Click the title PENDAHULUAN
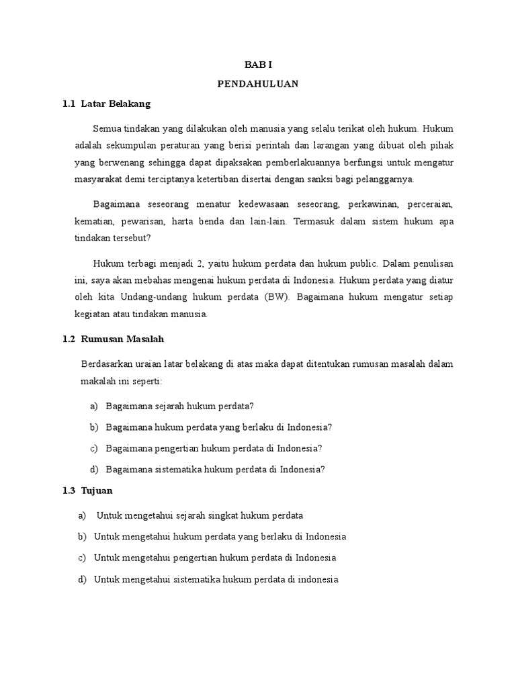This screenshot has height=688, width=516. [x=258, y=84]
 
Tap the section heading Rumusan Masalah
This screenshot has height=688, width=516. [x=122, y=340]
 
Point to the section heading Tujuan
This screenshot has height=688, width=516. [x=97, y=492]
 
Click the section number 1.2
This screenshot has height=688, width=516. [x=68, y=340]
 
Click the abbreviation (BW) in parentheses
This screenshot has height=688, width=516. [x=275, y=296]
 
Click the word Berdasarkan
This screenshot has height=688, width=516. [x=105, y=364]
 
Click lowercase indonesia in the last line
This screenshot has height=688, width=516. [x=317, y=579]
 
